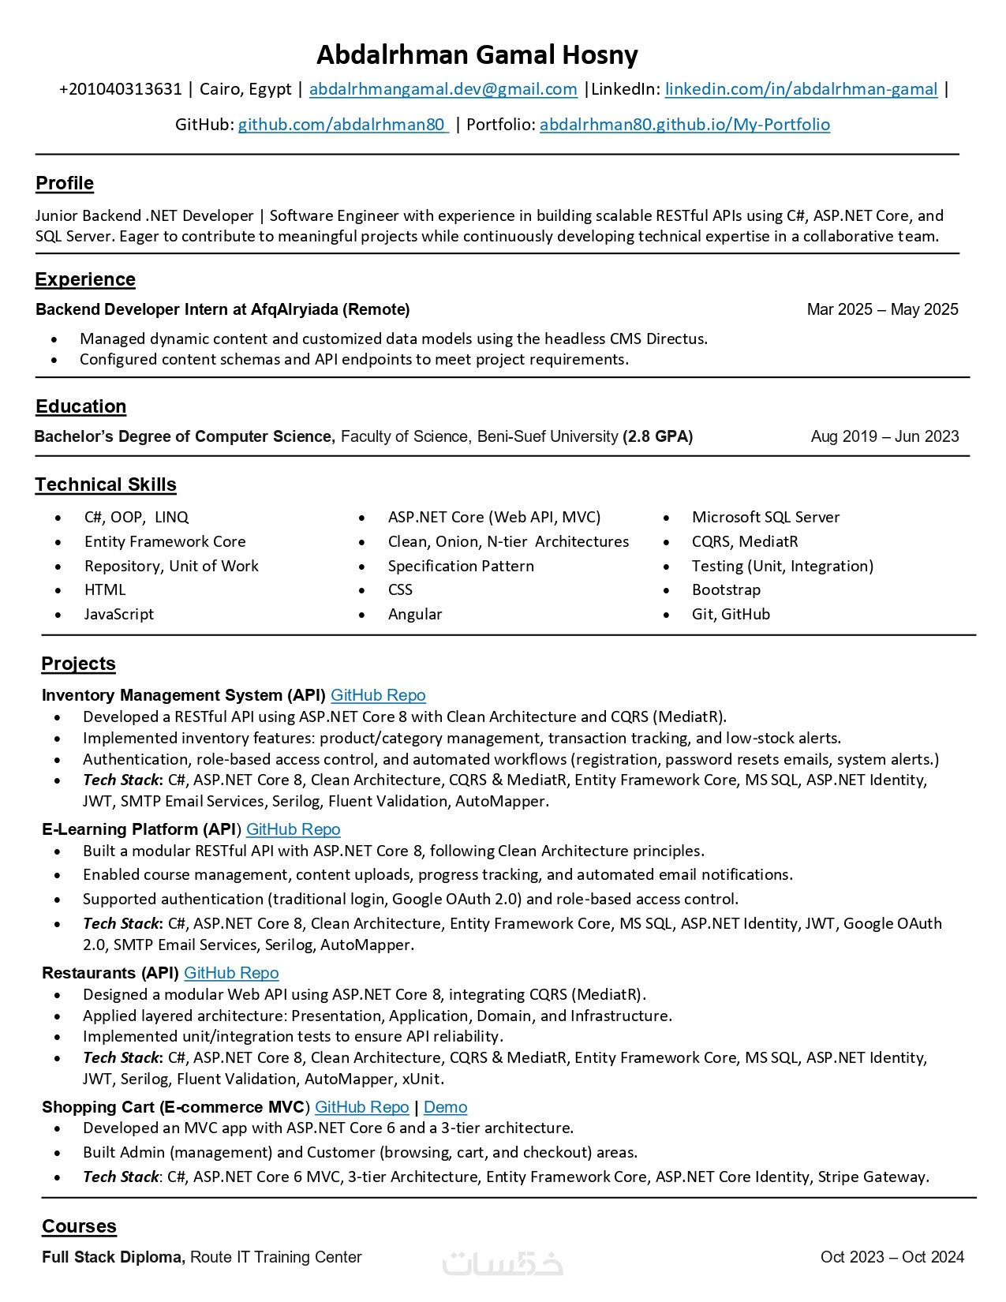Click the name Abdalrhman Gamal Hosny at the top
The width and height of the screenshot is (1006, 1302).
pyautogui.click(x=477, y=55)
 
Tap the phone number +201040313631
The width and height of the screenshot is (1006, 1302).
pyautogui.click(x=120, y=89)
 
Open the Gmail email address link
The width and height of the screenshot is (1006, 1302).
pyautogui.click(x=443, y=89)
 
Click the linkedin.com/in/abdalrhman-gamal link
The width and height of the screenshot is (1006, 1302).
pyautogui.click(x=801, y=89)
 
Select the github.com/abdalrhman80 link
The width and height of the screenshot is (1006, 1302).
pyautogui.click(x=342, y=125)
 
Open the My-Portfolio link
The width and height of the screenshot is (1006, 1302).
pyautogui.click(x=684, y=125)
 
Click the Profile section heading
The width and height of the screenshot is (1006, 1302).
pyautogui.click(x=65, y=183)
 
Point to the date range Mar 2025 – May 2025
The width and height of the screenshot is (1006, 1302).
pyautogui.click(x=882, y=309)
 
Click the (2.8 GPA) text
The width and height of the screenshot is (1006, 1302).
pyautogui.click(x=657, y=436)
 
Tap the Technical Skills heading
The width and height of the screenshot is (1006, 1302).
pyautogui.click(x=106, y=485)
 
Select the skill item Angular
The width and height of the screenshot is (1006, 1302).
pyautogui.click(x=415, y=614)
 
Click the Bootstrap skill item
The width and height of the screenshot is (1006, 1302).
pyautogui.click(x=726, y=589)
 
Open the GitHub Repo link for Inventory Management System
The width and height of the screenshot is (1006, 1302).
pyautogui.click(x=378, y=695)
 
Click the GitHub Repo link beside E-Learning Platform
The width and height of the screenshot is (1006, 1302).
pyautogui.click(x=293, y=829)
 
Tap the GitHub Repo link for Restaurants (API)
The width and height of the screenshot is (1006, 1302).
pyautogui.click(x=231, y=973)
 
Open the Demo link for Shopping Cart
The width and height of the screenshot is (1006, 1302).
pyautogui.click(x=445, y=1107)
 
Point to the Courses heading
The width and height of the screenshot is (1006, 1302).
pyautogui.click(x=79, y=1226)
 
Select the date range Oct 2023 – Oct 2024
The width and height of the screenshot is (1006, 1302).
pyautogui.click(x=892, y=1257)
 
